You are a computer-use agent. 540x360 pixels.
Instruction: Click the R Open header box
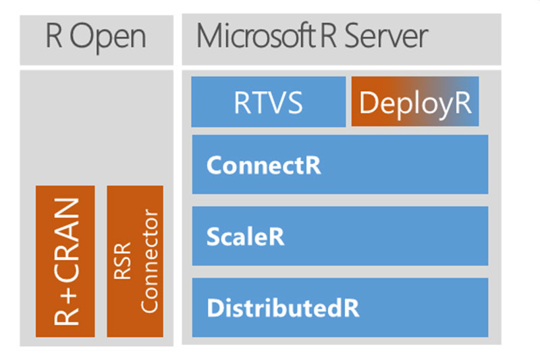pos(96,38)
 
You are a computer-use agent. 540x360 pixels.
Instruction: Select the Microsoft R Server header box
pos(342,38)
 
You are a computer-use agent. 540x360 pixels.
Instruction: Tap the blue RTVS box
pos(268,102)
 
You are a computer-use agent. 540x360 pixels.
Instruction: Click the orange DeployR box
pos(414,102)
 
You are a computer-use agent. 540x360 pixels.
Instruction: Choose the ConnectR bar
pos(340,165)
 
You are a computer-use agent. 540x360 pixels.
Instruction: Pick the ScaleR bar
pos(340,236)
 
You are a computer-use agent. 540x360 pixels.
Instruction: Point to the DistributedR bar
pos(340,307)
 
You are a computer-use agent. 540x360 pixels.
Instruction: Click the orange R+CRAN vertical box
pos(66,261)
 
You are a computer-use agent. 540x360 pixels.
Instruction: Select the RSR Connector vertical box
pos(135,261)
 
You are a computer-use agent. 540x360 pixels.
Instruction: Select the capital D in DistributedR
pos(214,308)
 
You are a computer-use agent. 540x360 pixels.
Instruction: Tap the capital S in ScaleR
pos(213,236)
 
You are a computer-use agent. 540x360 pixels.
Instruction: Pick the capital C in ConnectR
pos(214,165)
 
